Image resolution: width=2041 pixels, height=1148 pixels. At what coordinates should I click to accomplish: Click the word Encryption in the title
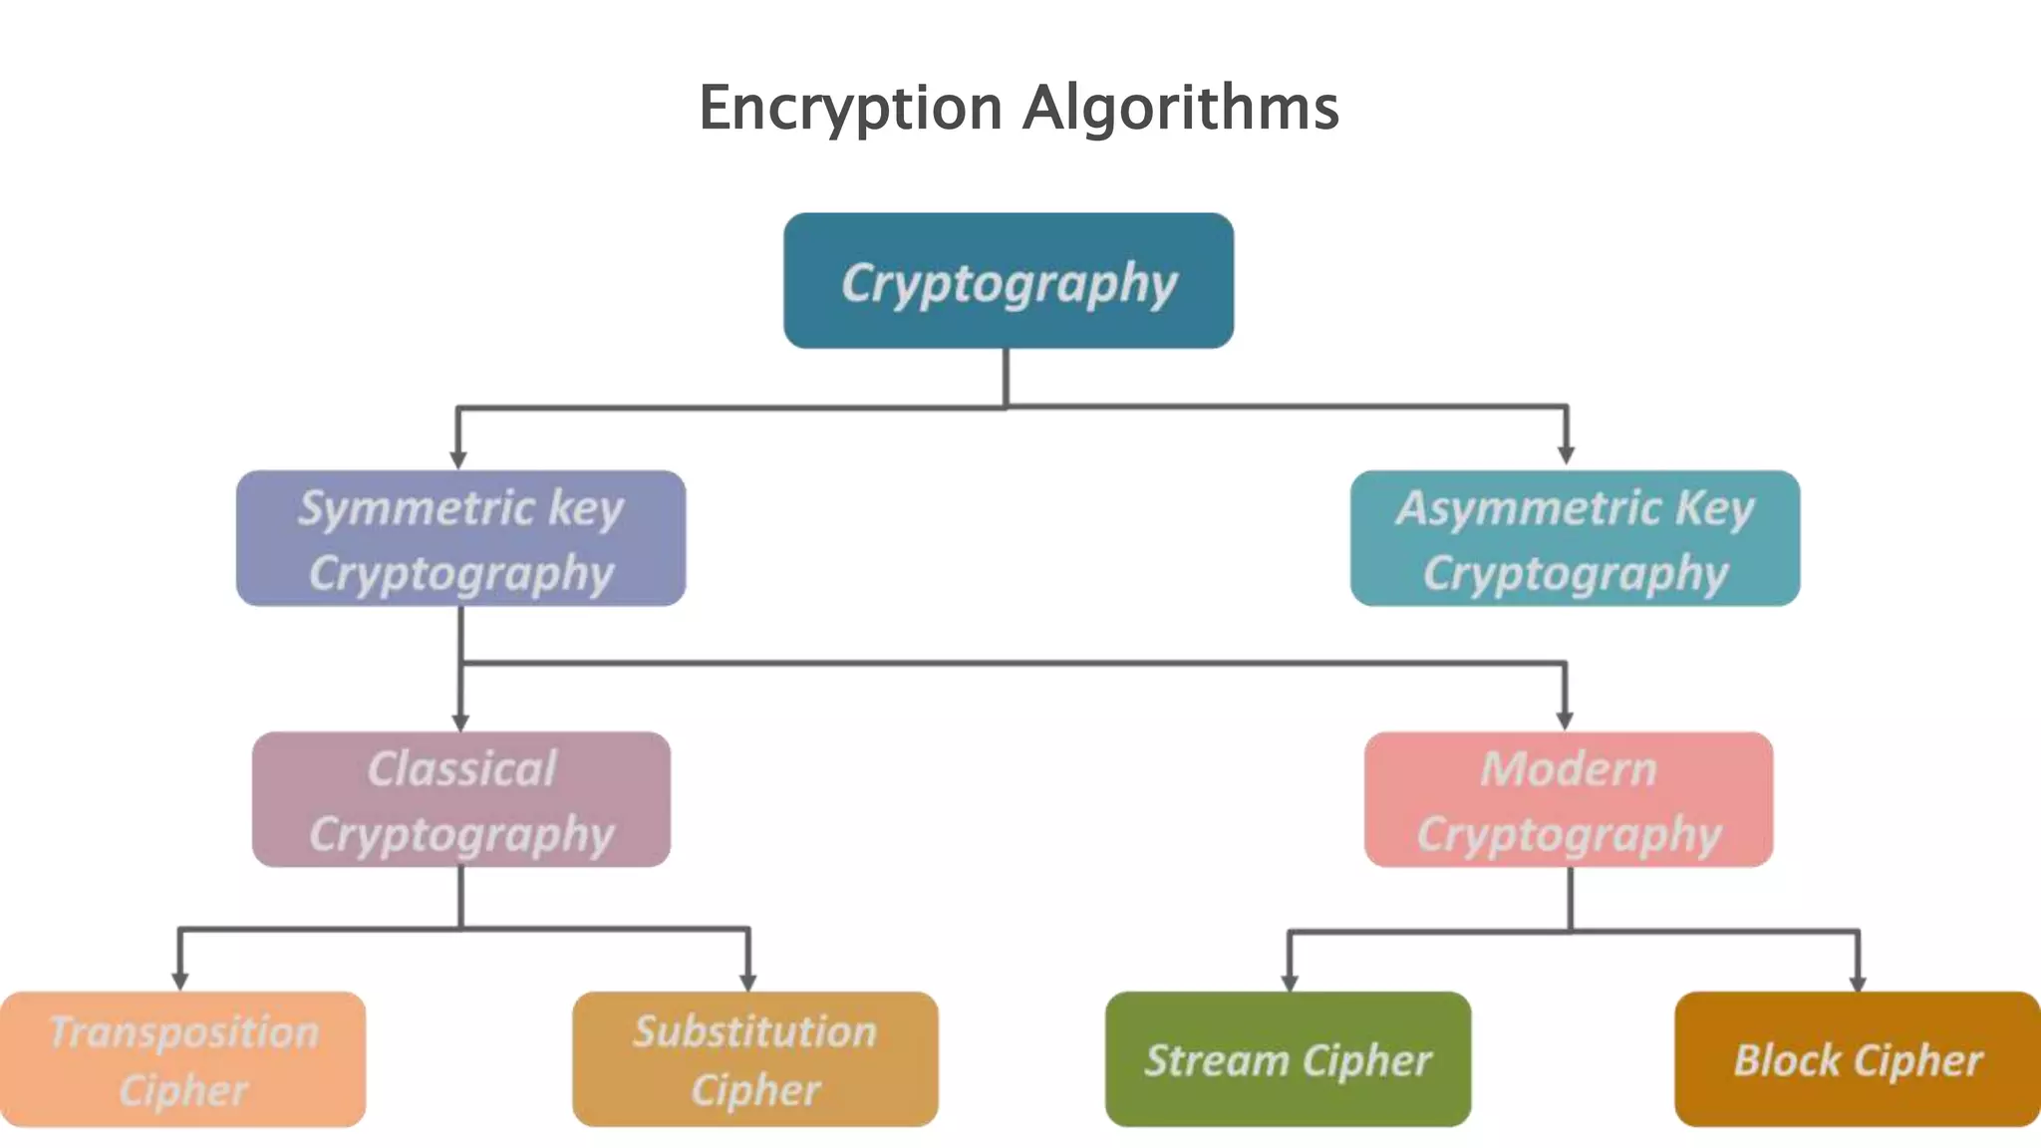(849, 108)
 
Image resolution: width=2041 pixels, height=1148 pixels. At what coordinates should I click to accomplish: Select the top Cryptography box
(1009, 281)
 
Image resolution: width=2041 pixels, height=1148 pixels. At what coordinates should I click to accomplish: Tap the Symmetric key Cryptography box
(460, 539)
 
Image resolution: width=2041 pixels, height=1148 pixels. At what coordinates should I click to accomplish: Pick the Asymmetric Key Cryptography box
(1575, 539)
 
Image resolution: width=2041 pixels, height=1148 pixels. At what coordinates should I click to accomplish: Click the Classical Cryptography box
(460, 800)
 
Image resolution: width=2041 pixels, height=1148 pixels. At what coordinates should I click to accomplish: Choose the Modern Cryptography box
(1569, 800)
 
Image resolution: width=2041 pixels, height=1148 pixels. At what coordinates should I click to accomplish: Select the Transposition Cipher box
(183, 1059)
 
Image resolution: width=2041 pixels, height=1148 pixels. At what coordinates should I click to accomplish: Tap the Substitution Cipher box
(755, 1059)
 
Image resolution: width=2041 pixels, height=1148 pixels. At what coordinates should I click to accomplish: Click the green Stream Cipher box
(1288, 1059)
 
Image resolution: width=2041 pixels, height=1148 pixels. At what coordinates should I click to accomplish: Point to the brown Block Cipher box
(1858, 1059)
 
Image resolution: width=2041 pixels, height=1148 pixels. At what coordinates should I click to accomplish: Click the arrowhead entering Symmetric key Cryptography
(458, 459)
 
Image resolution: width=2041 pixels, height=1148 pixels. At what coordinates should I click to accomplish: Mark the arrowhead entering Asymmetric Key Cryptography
(1567, 455)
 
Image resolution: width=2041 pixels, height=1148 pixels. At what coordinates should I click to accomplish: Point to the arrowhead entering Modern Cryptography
(1565, 720)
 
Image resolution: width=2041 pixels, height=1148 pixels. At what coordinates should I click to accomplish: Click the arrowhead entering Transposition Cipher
(180, 982)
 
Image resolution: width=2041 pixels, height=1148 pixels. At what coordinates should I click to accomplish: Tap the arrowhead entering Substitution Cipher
(748, 982)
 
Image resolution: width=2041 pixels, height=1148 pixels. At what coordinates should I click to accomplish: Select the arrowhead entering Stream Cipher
(1290, 983)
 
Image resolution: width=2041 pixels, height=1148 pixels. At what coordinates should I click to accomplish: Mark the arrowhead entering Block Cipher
(1858, 983)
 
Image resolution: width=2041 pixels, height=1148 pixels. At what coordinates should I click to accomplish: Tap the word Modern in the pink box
(1569, 769)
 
